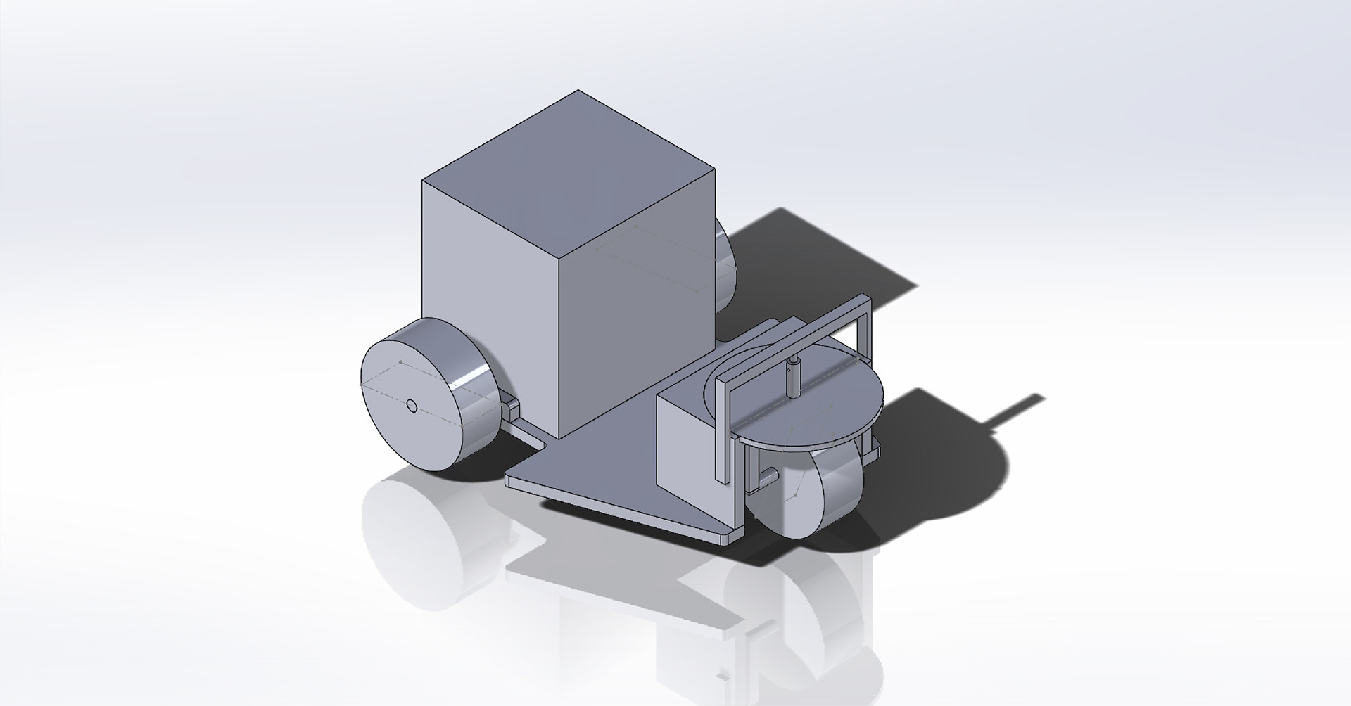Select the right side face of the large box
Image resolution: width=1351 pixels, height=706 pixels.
[637, 302]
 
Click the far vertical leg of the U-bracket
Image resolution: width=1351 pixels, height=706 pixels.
[866, 330]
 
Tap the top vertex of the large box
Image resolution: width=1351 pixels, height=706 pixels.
[578, 91]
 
